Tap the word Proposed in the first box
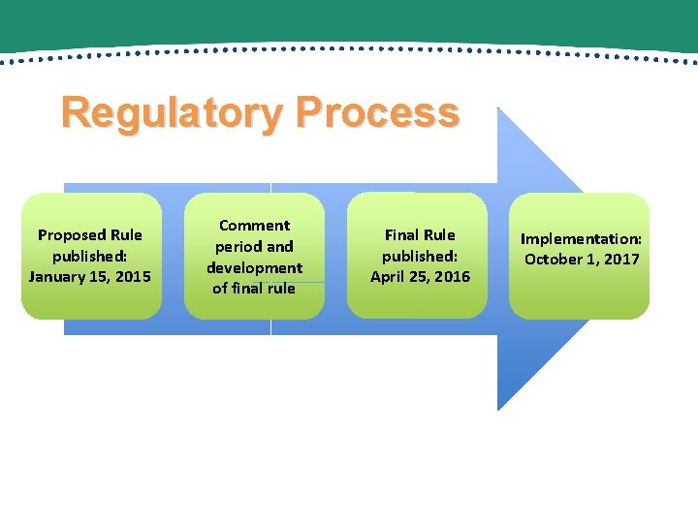click(x=73, y=235)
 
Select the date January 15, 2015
click(x=90, y=277)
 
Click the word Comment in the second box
click(x=254, y=226)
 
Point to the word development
click(x=254, y=267)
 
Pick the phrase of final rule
click(x=254, y=288)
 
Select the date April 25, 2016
click(x=420, y=277)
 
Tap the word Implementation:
click(x=582, y=238)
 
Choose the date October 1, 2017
click(x=582, y=259)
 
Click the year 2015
click(x=132, y=277)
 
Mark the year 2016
click(x=451, y=277)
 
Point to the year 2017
click(x=620, y=259)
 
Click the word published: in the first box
click(x=90, y=257)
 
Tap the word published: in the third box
click(x=420, y=257)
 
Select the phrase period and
click(x=254, y=247)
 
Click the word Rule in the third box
click(x=439, y=235)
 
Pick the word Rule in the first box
click(x=126, y=235)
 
